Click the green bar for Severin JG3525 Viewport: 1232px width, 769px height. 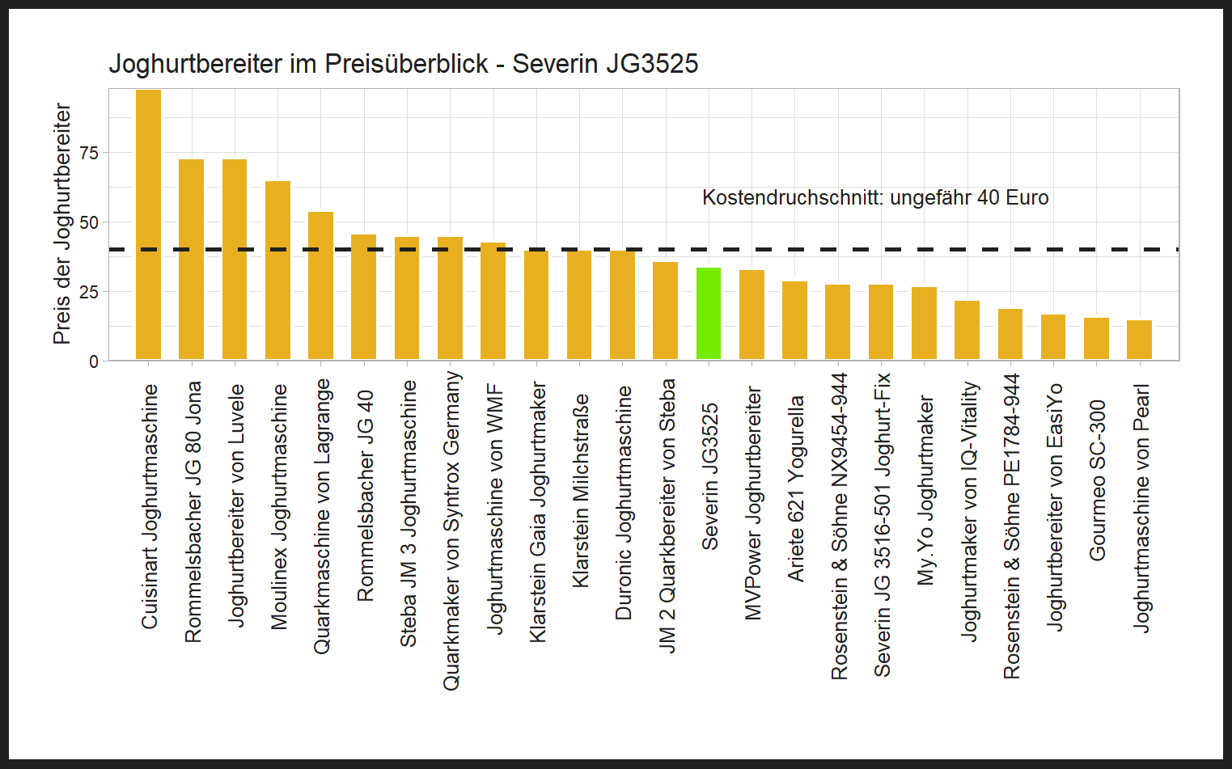click(x=709, y=314)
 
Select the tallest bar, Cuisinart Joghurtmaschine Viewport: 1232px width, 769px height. click(x=148, y=225)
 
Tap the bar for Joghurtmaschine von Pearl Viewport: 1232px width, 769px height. click(x=1139, y=340)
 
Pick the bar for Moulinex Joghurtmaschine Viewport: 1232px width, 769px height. click(x=277, y=271)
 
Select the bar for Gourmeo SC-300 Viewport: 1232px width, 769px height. click(x=1096, y=339)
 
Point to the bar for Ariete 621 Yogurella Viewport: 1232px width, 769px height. click(x=794, y=320)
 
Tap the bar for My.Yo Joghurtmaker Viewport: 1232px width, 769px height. click(x=924, y=323)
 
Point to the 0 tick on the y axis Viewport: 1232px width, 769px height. click(x=94, y=361)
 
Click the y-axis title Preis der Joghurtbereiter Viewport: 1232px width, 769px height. click(x=62, y=224)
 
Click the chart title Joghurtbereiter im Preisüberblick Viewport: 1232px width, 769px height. click(x=403, y=64)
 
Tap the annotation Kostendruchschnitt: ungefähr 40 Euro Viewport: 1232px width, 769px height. click(x=874, y=198)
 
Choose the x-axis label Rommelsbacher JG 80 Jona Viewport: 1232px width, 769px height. click(x=193, y=512)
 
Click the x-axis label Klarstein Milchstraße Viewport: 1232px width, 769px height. click(x=580, y=491)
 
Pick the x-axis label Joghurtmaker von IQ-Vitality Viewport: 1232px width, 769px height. click(x=968, y=512)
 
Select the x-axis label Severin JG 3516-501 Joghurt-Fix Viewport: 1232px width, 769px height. click(x=882, y=524)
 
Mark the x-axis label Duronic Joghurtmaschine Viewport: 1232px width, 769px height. click(x=623, y=503)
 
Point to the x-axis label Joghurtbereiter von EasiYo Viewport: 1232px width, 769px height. click(x=1054, y=506)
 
